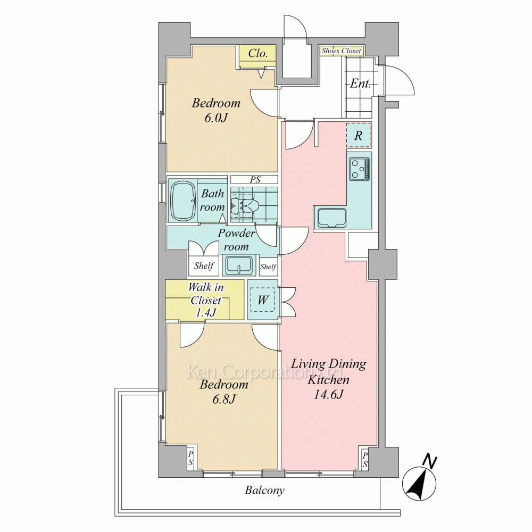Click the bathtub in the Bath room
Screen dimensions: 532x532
pos(183,201)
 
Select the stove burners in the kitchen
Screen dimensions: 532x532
pos(359,169)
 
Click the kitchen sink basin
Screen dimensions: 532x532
pos(332,218)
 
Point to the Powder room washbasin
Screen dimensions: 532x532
pos(239,265)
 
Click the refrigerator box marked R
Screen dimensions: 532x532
pos(358,135)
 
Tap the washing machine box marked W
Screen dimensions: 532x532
pos(263,300)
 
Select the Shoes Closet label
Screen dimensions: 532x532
pos(342,51)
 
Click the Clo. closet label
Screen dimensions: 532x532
pos(258,53)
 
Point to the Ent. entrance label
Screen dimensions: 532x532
pos(360,84)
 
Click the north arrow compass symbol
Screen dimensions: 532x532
pos(419,484)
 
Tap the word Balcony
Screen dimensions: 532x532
pos(264,491)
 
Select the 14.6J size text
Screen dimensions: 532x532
pos(328,395)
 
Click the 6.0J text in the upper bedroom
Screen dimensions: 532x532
pos(216,118)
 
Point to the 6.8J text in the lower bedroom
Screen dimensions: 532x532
pos(224,400)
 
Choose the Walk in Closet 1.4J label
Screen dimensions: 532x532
pos(205,300)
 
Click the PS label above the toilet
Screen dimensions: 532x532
pos(255,179)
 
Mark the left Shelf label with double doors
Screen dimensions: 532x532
pos(204,265)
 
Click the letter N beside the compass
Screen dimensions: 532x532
pos(430,461)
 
